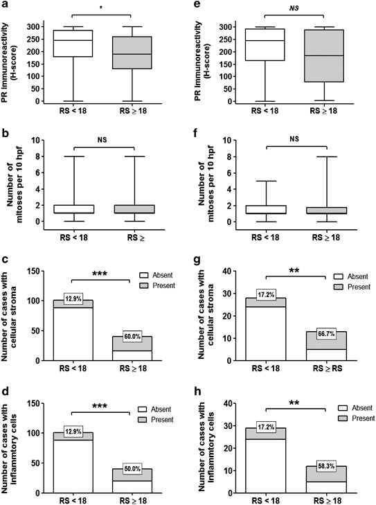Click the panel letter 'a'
click(6, 6)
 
